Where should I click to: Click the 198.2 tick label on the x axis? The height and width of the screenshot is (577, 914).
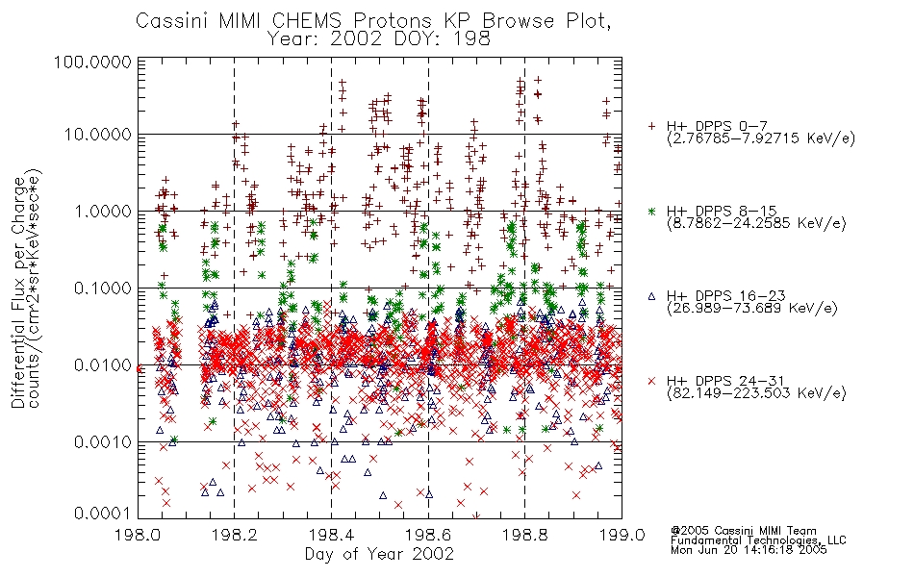[x=235, y=535]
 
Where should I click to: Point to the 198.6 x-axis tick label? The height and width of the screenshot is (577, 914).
[x=428, y=535]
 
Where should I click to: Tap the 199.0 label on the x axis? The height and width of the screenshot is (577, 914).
[x=622, y=535]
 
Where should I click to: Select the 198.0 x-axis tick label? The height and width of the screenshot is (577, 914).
[x=138, y=535]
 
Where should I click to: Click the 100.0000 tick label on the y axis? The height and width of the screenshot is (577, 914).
[x=92, y=62]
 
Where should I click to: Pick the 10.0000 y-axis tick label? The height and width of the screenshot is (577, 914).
[x=97, y=135]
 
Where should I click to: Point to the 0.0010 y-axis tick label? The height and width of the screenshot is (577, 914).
[x=103, y=442]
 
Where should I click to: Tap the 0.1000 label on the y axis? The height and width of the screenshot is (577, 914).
[x=103, y=288]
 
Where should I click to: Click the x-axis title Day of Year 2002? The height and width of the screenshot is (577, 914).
[x=379, y=554]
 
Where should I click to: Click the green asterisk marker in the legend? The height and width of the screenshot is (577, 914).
[x=651, y=211]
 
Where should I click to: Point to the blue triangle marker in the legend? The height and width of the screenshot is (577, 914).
[x=651, y=296]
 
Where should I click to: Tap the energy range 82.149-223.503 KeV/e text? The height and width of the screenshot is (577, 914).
[x=756, y=393]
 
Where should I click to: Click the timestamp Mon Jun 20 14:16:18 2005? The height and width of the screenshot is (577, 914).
[x=749, y=550]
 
